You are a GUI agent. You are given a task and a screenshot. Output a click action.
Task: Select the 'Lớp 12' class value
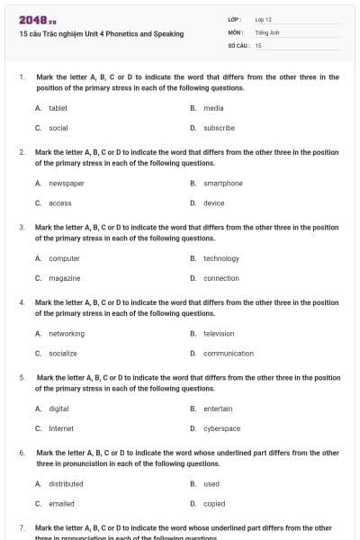click(263, 19)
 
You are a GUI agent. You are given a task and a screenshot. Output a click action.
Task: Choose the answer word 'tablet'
click(58, 107)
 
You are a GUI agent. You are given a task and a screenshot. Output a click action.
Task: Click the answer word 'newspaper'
click(66, 183)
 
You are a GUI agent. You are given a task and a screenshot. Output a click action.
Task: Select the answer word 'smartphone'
click(222, 183)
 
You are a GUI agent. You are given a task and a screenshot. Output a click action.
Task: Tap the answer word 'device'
click(213, 202)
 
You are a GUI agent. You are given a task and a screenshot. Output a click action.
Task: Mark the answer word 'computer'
click(64, 258)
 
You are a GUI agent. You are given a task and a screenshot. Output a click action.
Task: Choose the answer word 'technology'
click(220, 258)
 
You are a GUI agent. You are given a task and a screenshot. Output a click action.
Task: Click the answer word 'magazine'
click(64, 278)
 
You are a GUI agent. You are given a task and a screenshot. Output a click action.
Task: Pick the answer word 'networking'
click(66, 333)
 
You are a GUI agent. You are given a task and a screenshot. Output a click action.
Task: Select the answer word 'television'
click(219, 333)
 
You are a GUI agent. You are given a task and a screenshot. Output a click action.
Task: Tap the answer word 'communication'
click(228, 354)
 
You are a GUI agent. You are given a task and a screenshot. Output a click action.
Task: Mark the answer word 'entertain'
click(218, 409)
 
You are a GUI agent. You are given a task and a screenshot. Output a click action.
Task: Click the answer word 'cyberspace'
click(221, 428)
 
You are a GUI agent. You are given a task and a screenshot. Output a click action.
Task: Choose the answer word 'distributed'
click(66, 483)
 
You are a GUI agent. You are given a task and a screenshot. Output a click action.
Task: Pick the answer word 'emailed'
click(61, 504)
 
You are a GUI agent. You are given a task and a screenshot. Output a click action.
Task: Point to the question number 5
click(22, 377)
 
